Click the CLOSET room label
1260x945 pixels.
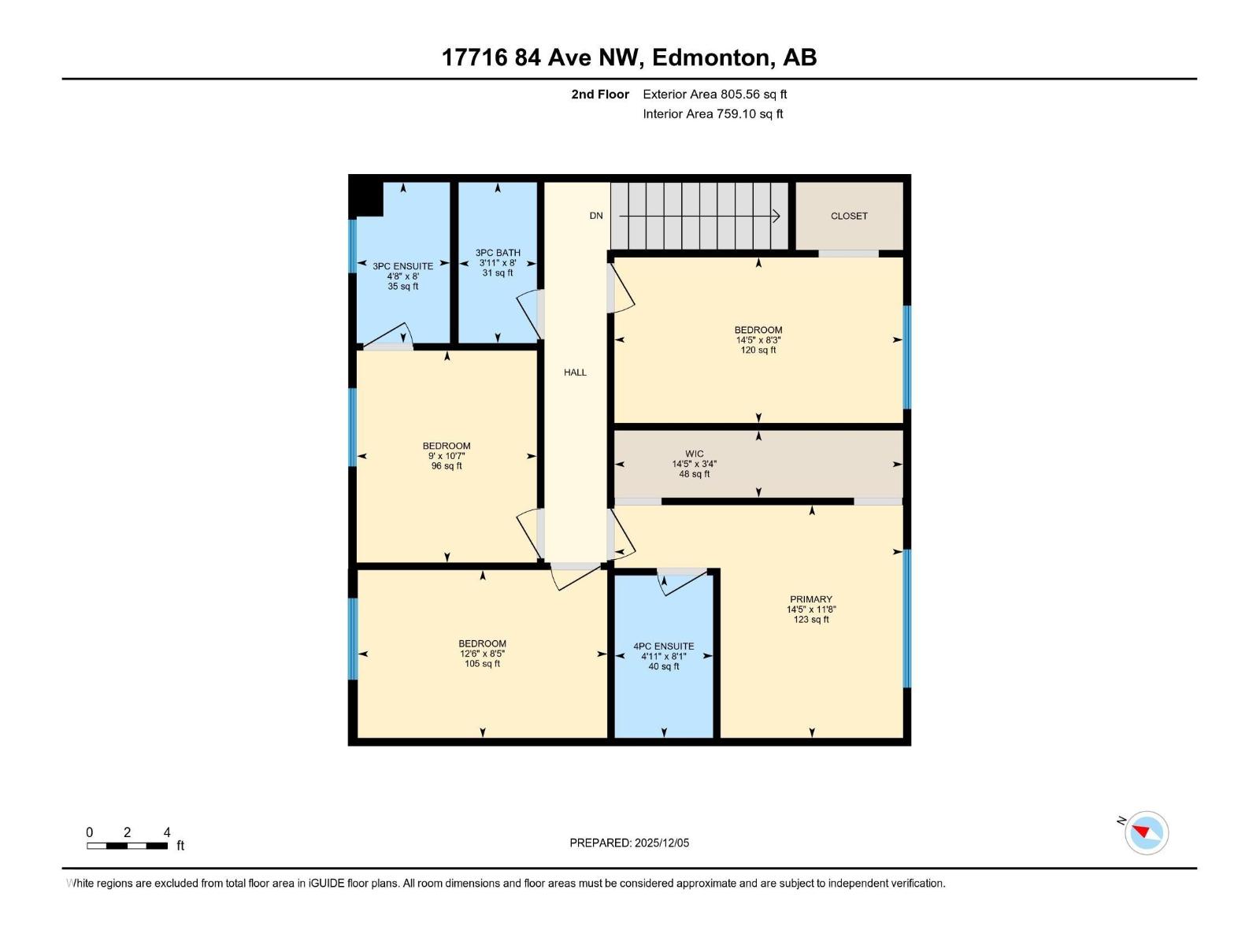point(849,216)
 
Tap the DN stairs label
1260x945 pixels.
point(596,216)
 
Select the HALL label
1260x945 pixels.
point(575,372)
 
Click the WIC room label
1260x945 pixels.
point(694,454)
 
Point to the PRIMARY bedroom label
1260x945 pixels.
point(811,599)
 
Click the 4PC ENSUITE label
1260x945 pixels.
point(664,647)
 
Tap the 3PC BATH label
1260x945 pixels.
point(498,253)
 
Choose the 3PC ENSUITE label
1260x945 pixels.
point(403,266)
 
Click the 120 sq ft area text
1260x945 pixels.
point(758,350)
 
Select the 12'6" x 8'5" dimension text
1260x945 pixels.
point(482,654)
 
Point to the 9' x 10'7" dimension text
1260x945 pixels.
point(447,456)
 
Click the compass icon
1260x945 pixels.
point(1147,833)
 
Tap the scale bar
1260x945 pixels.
point(127,846)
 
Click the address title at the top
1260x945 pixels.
point(629,57)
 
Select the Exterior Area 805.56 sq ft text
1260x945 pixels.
point(715,94)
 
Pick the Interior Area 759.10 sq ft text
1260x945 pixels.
point(713,114)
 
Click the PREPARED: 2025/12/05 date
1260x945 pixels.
point(629,843)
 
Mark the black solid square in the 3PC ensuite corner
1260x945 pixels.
point(367,198)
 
